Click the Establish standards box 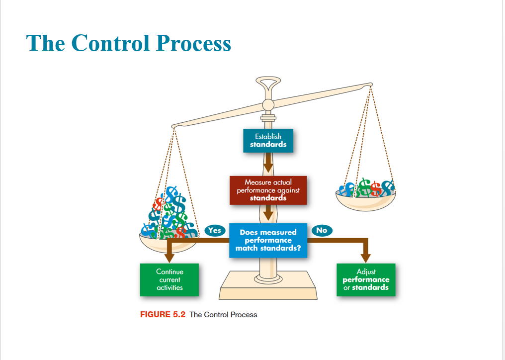coord(268,140)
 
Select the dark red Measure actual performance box coord(268,190)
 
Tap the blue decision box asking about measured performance coord(268,240)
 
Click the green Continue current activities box coord(169,279)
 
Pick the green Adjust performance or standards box coord(366,279)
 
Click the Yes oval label coord(214,230)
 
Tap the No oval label coord(322,230)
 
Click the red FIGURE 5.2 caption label coord(163,315)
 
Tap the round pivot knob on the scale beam coord(268,104)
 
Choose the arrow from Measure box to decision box coord(268,213)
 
